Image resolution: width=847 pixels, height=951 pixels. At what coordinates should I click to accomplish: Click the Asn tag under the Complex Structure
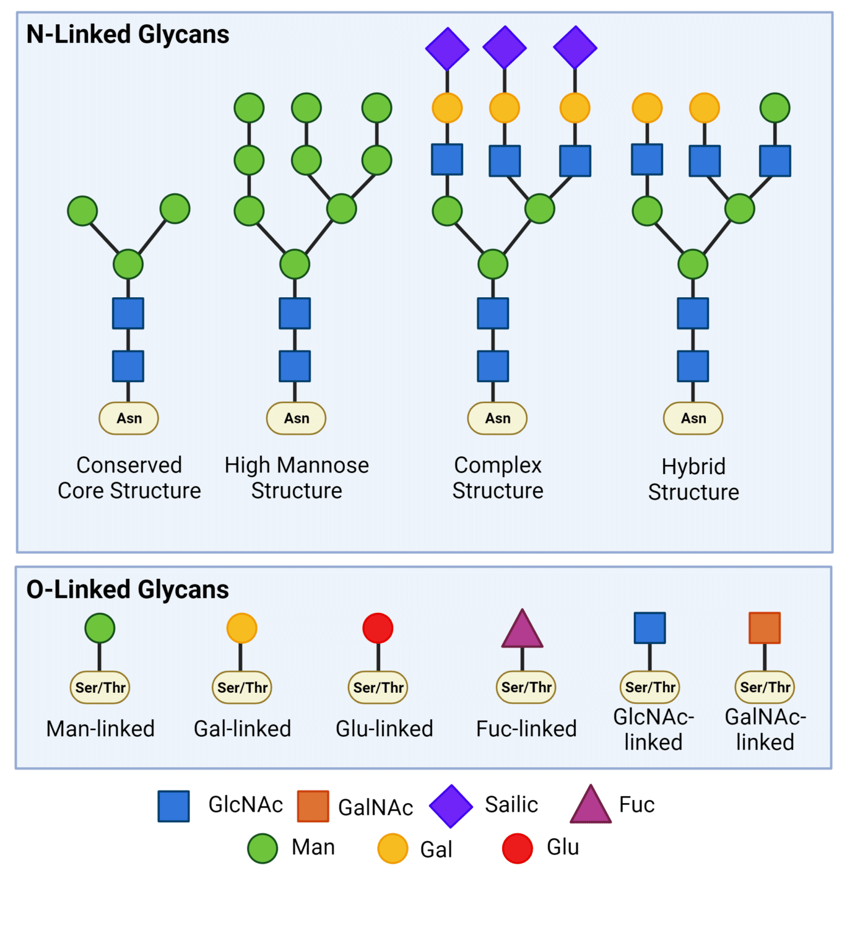tap(497, 419)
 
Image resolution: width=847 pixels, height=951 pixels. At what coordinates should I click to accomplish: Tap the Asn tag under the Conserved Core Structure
tap(129, 419)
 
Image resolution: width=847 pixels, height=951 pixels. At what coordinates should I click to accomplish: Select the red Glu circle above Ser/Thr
tap(378, 628)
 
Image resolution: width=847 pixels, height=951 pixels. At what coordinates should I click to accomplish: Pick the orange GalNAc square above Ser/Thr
tap(764, 628)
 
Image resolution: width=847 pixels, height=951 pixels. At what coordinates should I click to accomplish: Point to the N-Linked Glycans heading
tap(128, 34)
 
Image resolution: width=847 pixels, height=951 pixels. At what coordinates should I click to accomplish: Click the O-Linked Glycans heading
tap(128, 589)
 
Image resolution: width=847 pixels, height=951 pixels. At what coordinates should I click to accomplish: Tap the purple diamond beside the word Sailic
tap(451, 806)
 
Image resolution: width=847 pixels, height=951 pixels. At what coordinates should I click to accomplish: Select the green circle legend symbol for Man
tap(263, 848)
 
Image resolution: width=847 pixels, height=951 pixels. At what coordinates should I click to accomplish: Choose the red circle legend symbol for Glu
tap(518, 848)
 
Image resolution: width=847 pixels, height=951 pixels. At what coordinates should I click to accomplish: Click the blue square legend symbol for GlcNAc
tap(173, 806)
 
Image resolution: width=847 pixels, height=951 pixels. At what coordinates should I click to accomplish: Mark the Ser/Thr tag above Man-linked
tap(100, 687)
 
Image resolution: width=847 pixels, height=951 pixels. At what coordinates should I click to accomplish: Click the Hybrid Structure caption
tap(693, 479)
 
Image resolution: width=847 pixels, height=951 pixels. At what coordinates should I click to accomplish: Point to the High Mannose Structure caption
tap(297, 477)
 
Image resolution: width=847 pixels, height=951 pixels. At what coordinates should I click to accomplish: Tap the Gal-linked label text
tap(242, 729)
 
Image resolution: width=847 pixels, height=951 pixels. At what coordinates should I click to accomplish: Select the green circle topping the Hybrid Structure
tap(775, 108)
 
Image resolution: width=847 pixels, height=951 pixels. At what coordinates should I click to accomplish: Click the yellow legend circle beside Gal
tap(393, 848)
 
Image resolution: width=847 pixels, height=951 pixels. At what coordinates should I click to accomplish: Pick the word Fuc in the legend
tap(636, 805)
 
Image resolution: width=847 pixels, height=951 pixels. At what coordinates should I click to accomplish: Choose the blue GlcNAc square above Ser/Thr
tap(649, 628)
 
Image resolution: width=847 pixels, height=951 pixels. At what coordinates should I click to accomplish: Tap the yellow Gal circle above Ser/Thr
tap(241, 628)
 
